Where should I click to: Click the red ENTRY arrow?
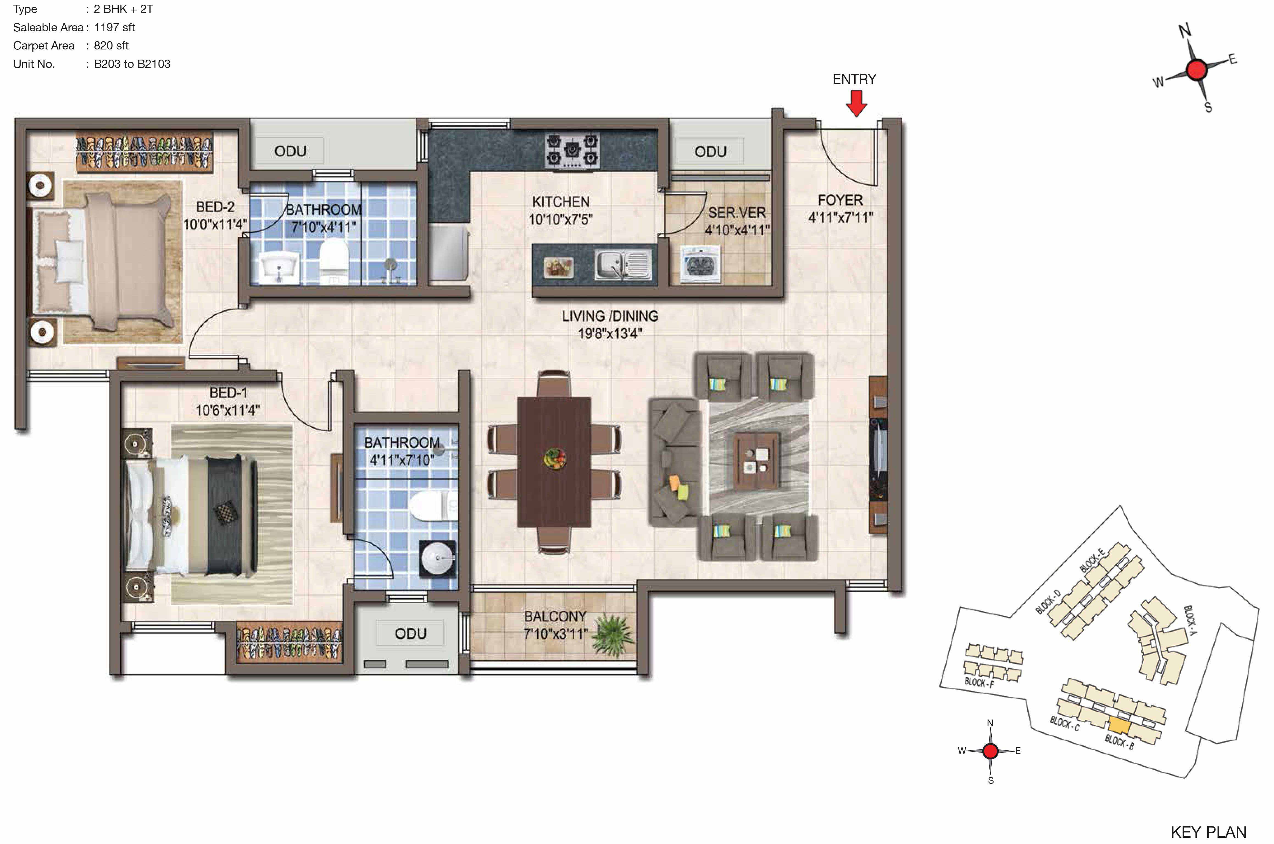(856, 103)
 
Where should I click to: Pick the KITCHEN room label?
(561, 202)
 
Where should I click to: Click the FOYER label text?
(840, 200)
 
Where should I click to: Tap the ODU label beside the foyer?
(710, 152)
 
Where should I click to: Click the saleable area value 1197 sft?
(114, 27)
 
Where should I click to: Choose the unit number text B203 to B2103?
(132, 64)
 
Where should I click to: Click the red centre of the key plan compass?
(991, 751)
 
